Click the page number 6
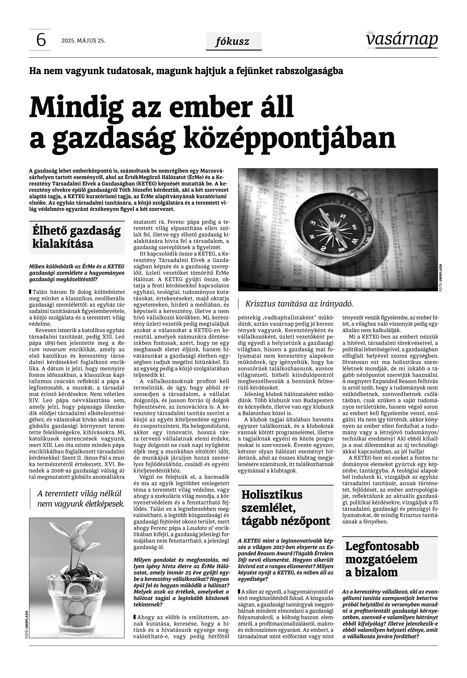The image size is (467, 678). point(41,40)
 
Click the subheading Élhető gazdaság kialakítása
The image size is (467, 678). point(77,237)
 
